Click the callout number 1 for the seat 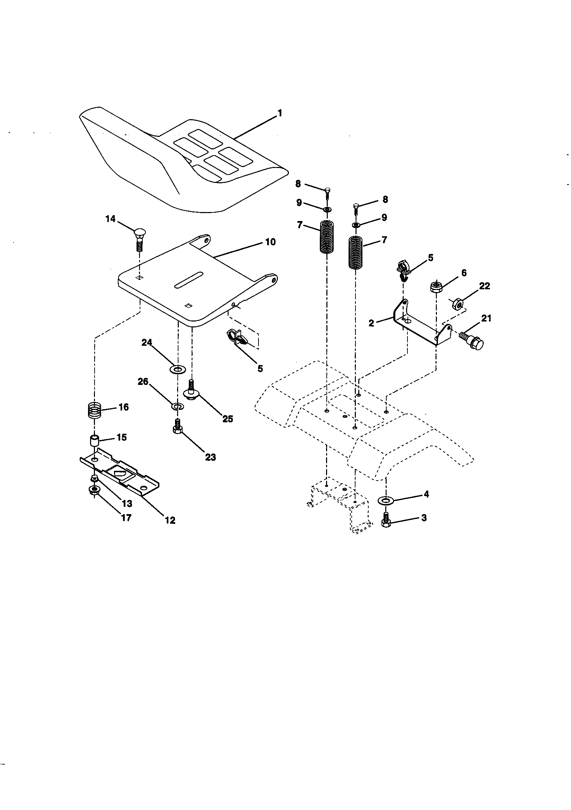280,113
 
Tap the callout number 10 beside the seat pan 270,243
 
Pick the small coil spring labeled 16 94,411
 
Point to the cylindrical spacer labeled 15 94,441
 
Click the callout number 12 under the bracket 170,520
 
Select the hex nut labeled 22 458,303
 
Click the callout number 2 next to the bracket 371,323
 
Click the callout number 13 127,504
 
